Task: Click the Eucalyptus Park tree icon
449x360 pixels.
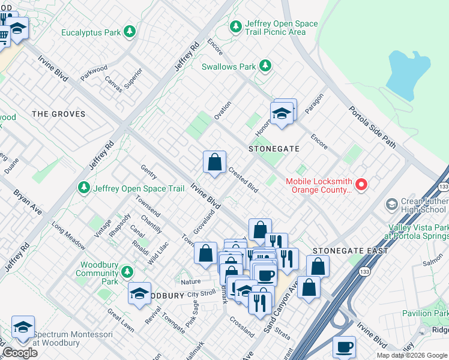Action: tap(129, 32)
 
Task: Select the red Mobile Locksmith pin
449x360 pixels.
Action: tap(361, 185)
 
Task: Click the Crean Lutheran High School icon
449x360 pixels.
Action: tap(391, 205)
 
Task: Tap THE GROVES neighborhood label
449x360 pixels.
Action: tap(58, 114)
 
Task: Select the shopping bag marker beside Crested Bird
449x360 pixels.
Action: tap(214, 162)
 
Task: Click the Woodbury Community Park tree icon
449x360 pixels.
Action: tap(127, 272)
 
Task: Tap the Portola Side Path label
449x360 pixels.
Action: tap(373, 127)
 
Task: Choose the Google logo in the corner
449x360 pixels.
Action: tap(20, 353)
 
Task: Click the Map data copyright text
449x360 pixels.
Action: tap(412, 355)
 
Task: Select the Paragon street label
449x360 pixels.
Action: tap(314, 103)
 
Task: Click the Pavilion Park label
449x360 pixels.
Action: tap(425, 313)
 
